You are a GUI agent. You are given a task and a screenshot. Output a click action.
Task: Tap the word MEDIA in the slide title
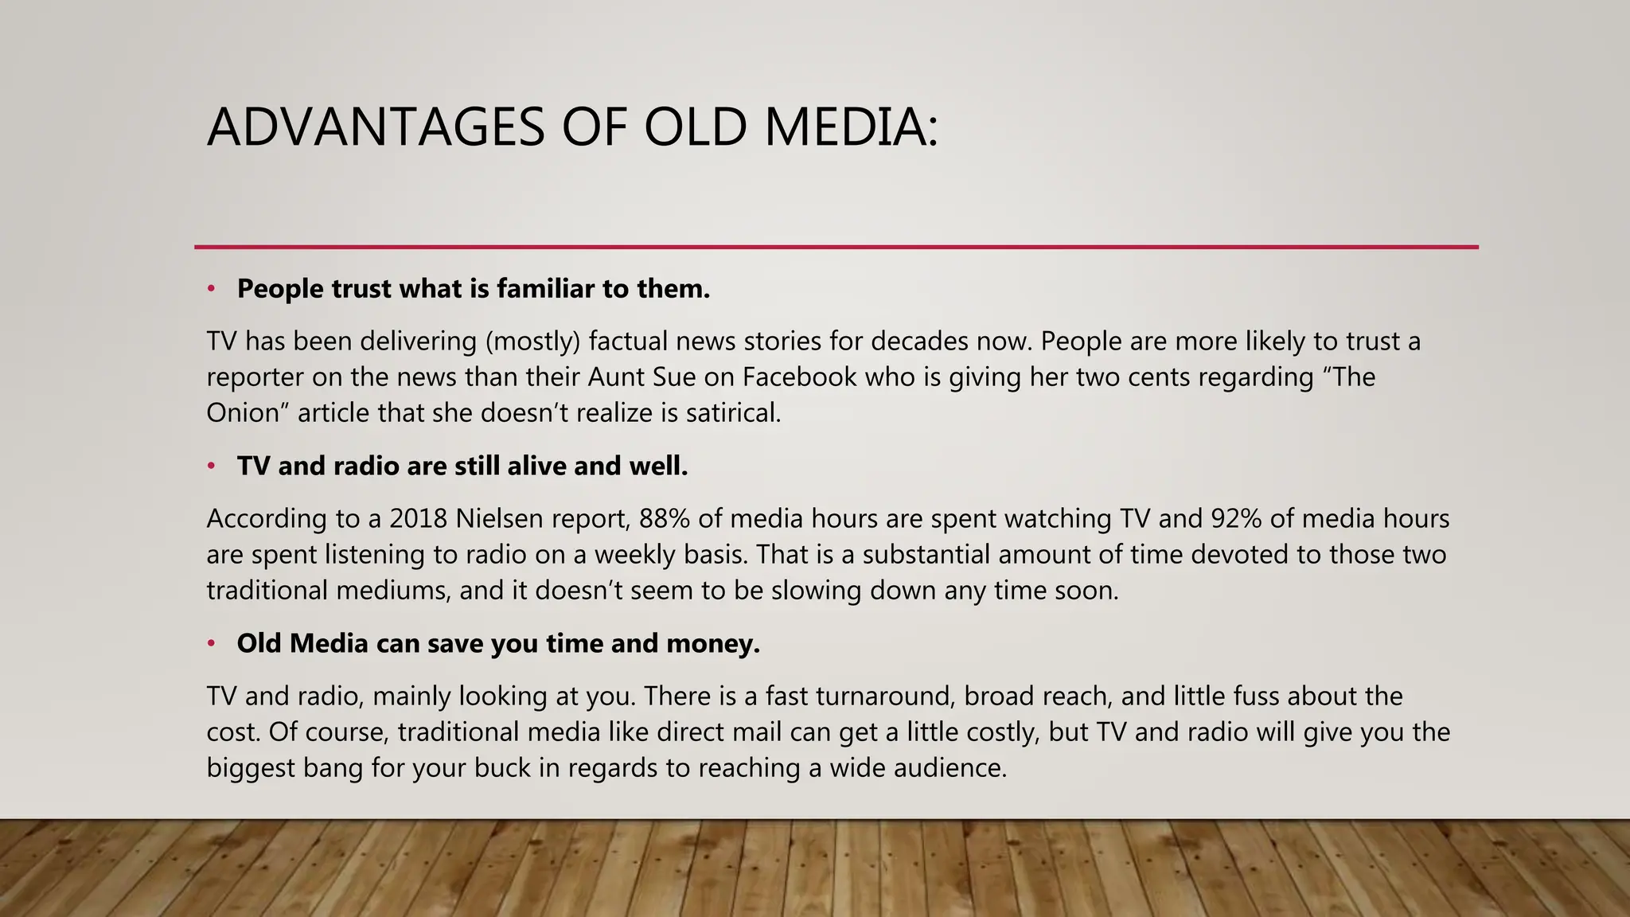(842, 127)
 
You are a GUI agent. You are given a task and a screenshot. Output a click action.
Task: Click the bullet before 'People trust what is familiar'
(212, 289)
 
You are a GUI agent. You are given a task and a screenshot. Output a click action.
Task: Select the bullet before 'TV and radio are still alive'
(212, 466)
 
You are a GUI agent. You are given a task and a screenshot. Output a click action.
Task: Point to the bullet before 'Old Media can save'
(212, 644)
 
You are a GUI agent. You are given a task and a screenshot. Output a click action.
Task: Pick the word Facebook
(799, 377)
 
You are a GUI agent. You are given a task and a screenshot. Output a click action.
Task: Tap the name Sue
(674, 377)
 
